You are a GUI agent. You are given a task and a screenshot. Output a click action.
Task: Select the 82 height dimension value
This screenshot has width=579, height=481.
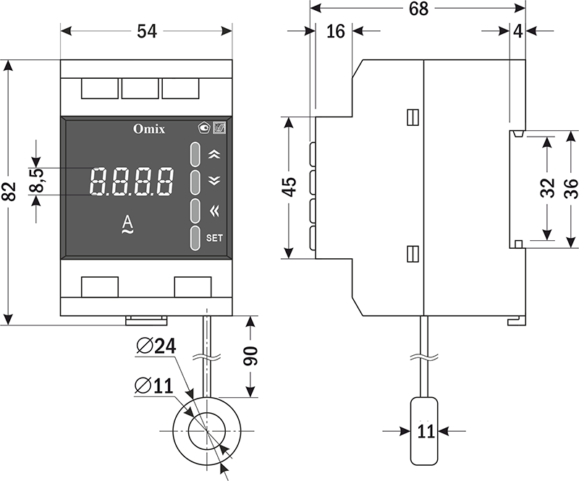[9, 192]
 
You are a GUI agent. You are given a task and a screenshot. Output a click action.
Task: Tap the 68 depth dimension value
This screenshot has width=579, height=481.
[418, 9]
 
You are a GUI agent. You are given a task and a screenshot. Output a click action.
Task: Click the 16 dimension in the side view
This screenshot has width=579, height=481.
[335, 31]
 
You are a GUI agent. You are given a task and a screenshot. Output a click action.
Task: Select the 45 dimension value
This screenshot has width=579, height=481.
[289, 187]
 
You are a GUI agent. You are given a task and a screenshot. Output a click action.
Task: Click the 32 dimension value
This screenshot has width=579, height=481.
[547, 187]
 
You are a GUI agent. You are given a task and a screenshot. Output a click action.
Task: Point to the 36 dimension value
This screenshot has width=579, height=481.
[570, 187]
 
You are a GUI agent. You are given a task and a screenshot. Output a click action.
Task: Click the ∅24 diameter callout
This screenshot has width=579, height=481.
[156, 346]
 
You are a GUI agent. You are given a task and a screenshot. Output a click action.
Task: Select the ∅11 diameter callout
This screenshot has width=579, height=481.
[153, 385]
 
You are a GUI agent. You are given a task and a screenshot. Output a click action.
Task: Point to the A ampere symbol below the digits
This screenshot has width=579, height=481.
[127, 224]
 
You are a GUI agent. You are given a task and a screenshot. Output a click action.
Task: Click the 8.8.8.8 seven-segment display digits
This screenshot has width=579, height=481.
[132, 182]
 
